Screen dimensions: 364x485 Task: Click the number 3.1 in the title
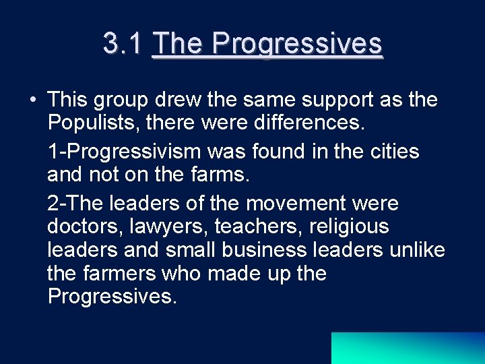click(123, 44)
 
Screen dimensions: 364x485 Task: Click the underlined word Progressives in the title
click(297, 44)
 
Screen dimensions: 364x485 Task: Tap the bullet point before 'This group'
click(32, 100)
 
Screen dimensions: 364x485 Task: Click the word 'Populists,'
click(97, 125)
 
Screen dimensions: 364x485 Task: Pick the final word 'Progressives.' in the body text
click(112, 297)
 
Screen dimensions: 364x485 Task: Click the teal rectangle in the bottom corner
click(408, 348)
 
